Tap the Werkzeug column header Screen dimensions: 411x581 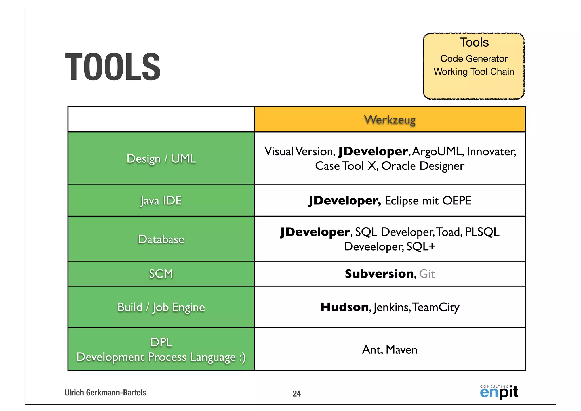coord(390,120)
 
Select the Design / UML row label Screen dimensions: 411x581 coord(161,158)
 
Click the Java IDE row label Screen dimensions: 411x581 coord(161,201)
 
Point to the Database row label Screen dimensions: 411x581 coord(161,239)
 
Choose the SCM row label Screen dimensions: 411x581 coord(161,274)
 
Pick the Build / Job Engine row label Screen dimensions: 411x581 coord(161,307)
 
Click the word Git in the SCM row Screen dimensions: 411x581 coord(427,274)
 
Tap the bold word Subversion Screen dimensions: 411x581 coord(379,274)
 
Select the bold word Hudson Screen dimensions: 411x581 coord(344,307)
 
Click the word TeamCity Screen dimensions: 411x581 coord(436,307)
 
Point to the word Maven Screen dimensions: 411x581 coord(401,350)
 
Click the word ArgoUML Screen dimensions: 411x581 coord(437,152)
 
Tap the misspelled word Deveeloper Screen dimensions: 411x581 coord(373,247)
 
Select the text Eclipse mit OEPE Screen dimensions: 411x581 coord(428,201)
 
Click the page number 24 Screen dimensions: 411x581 coord(296,393)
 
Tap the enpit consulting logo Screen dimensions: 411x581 coord(499,392)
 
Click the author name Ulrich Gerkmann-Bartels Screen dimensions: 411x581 coord(106,393)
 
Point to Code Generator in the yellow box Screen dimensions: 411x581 coord(473,59)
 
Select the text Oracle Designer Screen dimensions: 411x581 coord(422,166)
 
